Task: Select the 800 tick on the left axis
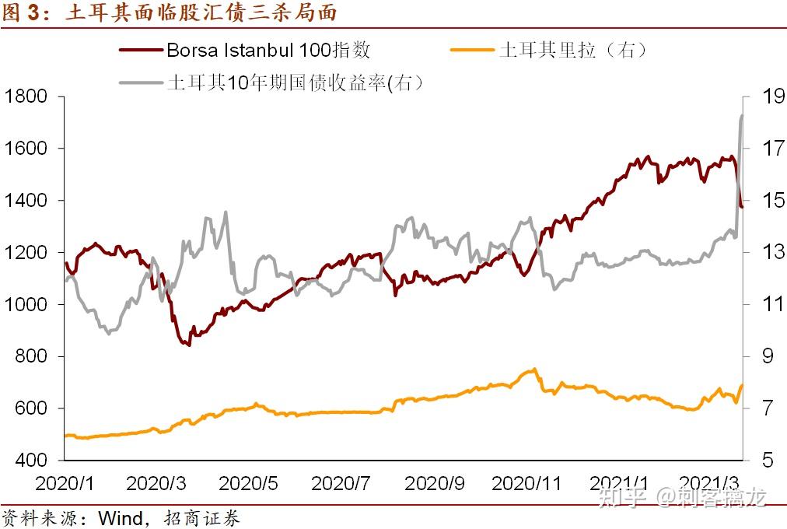point(30,356)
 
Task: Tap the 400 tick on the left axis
point(30,461)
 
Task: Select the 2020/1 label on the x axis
point(65,483)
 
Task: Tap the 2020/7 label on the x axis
point(341,483)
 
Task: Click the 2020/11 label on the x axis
point(526,483)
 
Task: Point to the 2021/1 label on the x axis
point(618,483)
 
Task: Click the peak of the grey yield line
point(742,115)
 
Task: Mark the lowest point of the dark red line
point(188,345)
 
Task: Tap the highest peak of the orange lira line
point(534,369)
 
